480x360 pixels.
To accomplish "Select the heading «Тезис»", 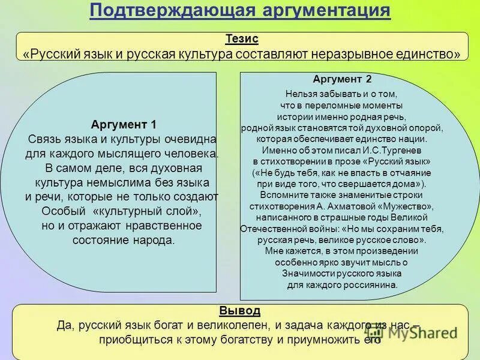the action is (x=242, y=38).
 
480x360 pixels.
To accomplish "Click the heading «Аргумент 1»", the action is (x=124, y=125).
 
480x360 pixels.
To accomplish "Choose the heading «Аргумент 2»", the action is (x=342, y=79).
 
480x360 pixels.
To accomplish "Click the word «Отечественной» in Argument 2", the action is (x=271, y=229).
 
